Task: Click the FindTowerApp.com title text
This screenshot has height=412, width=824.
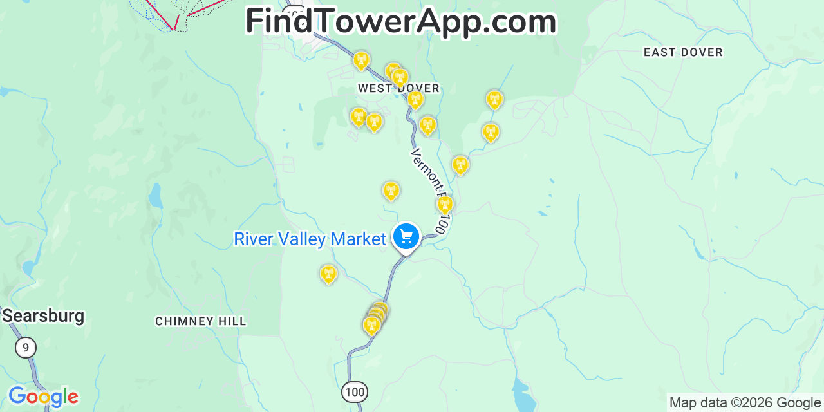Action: pyautogui.click(x=400, y=22)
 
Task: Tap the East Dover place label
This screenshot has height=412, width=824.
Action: pyautogui.click(x=683, y=52)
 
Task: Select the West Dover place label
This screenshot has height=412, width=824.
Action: pyautogui.click(x=398, y=88)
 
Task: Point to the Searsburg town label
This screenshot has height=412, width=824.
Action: pyautogui.click(x=43, y=316)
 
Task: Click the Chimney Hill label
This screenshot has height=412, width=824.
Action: pyautogui.click(x=200, y=321)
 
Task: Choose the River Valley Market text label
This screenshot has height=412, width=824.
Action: pyautogui.click(x=310, y=239)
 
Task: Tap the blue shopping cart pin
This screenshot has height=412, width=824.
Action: pyautogui.click(x=406, y=237)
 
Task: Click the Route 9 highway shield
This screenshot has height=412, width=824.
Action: pyautogui.click(x=26, y=348)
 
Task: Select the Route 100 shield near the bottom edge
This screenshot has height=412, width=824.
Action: pyautogui.click(x=354, y=391)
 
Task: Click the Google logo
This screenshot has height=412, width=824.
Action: pyautogui.click(x=43, y=397)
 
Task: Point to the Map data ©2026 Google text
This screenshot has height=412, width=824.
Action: pyautogui.click(x=745, y=403)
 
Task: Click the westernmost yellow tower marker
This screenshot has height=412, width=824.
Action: pyautogui.click(x=328, y=274)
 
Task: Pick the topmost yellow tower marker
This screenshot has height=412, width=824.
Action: pyautogui.click(x=361, y=61)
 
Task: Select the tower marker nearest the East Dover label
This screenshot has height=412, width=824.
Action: pyautogui.click(x=494, y=100)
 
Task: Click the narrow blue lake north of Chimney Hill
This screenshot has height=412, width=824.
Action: pyautogui.click(x=155, y=196)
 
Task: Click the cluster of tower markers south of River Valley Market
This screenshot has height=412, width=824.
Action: pyautogui.click(x=375, y=317)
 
